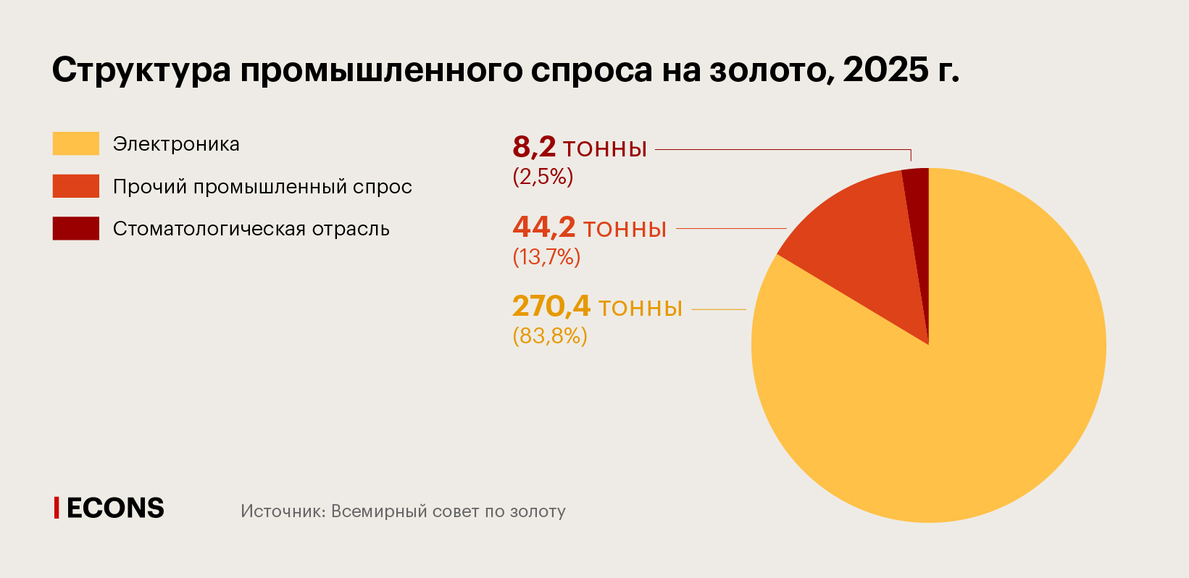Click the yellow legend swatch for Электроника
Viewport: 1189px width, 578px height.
coord(75,143)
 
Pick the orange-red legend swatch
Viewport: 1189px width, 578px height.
coord(75,186)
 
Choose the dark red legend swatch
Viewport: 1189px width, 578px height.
coord(75,228)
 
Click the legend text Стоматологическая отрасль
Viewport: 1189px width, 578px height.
coord(251,229)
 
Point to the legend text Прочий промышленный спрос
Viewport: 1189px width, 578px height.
coord(262,187)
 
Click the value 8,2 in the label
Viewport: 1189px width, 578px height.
coord(534,147)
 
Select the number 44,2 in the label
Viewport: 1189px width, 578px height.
coord(543,227)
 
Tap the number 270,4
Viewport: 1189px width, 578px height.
coord(551,306)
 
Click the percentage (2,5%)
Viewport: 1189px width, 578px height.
coord(543,177)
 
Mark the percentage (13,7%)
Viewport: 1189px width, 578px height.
coord(546,257)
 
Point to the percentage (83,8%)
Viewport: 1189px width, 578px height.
coord(549,336)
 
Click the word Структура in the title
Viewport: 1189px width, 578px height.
coord(141,70)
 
